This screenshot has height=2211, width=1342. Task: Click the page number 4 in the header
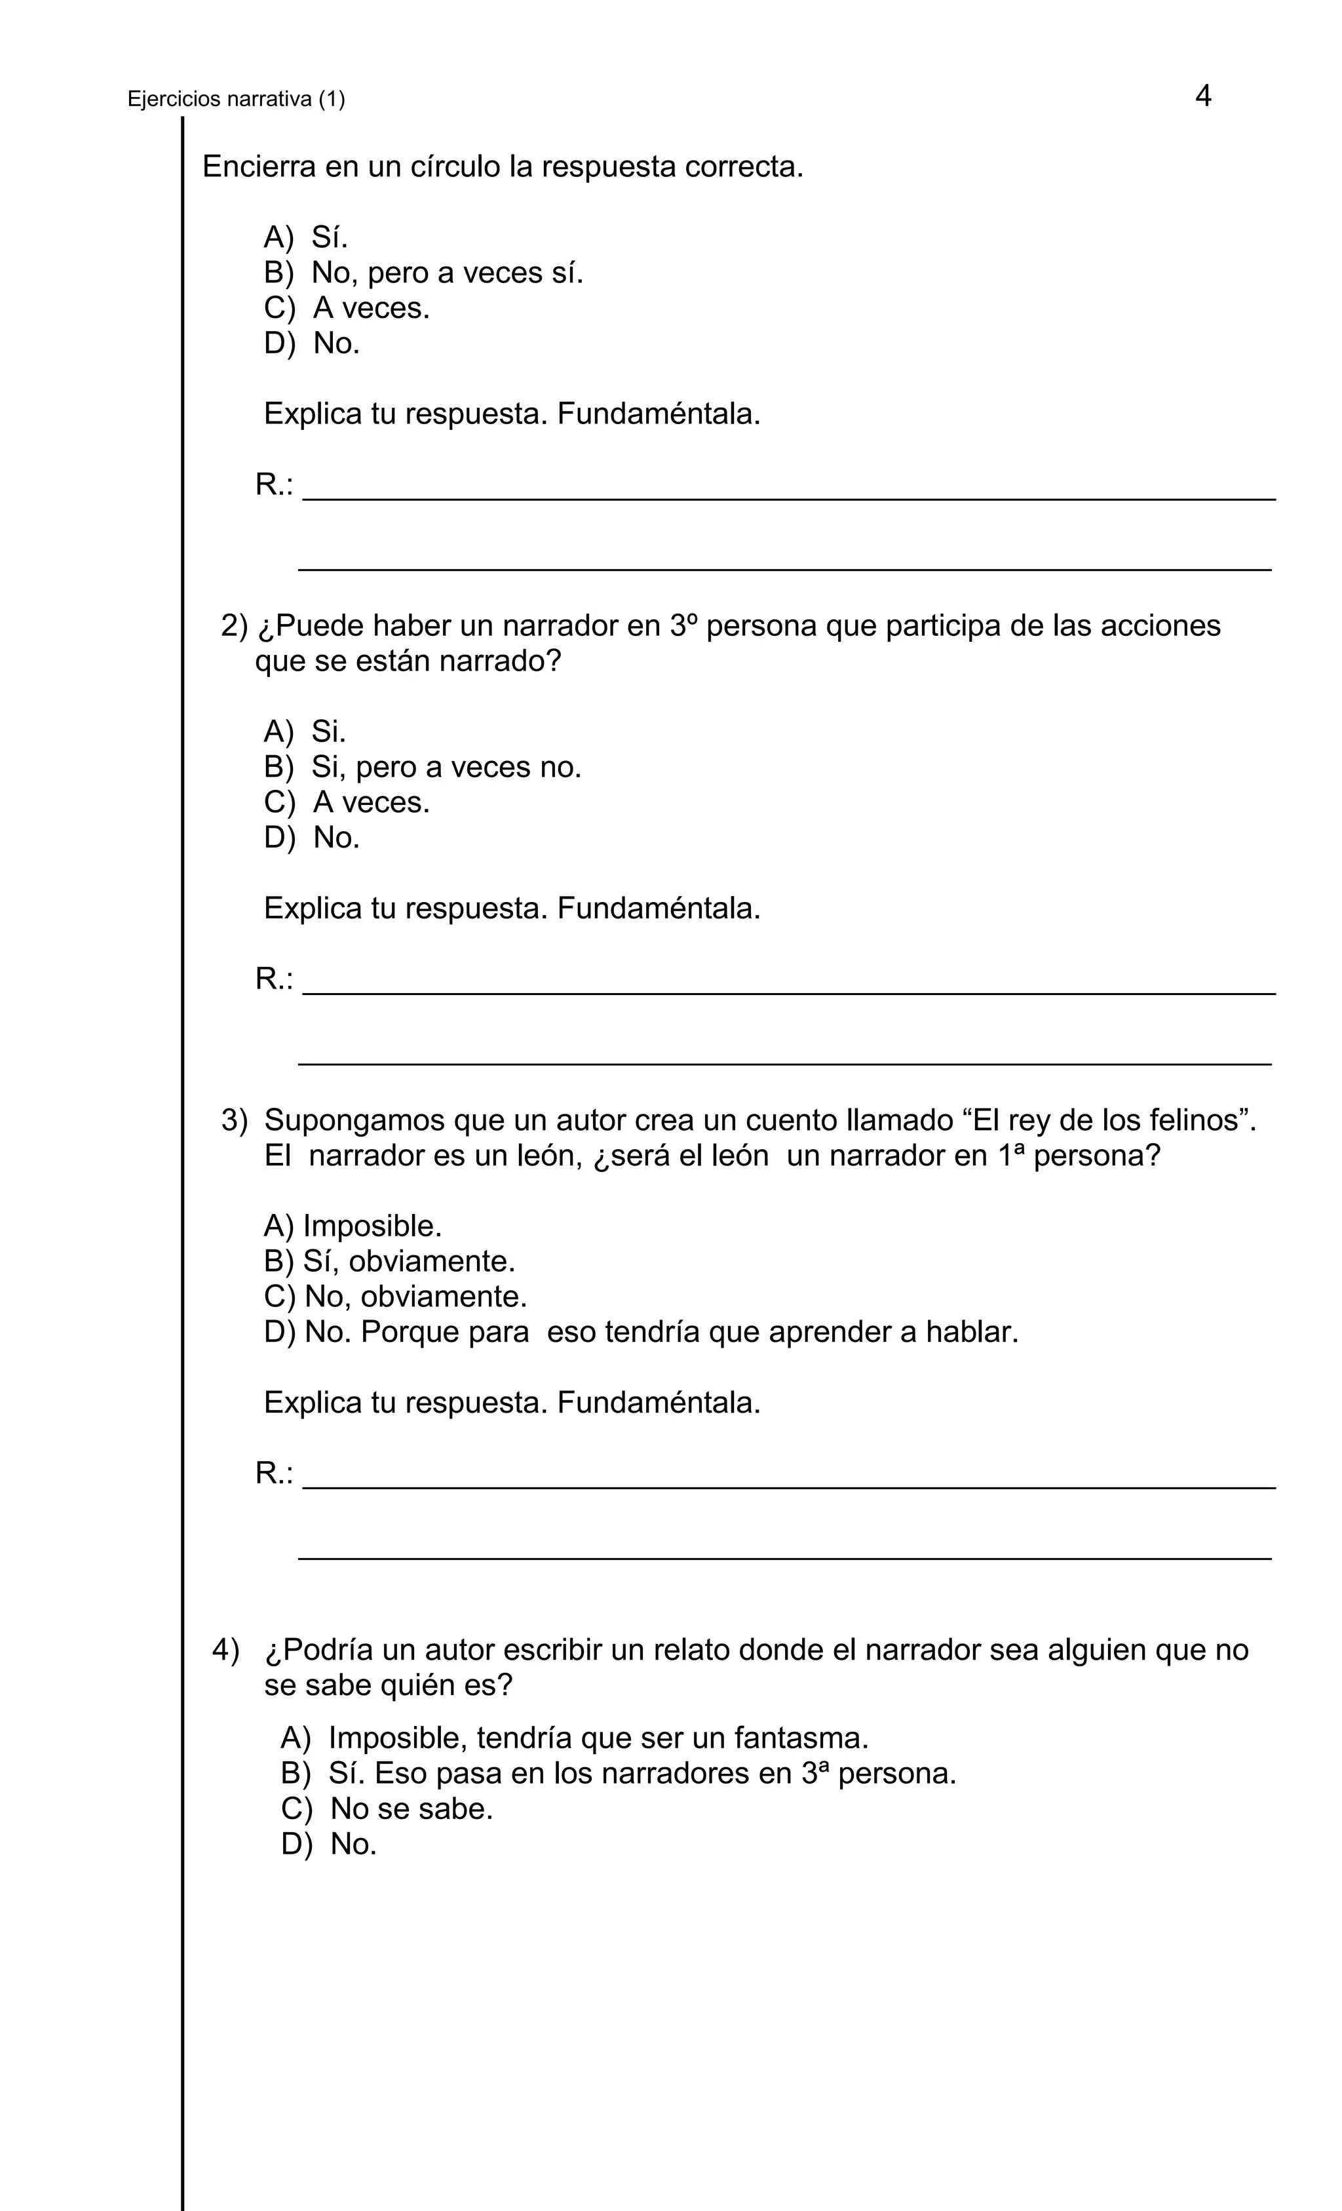coord(1202,96)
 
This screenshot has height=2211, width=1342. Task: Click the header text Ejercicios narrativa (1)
coord(236,100)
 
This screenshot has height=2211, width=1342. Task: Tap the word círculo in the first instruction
coord(455,167)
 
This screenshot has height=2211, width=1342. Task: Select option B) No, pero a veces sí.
coord(423,273)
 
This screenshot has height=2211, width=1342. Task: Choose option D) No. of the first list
coord(311,343)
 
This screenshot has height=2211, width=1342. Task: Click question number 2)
coord(233,625)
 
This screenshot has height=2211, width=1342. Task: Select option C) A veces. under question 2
coord(346,802)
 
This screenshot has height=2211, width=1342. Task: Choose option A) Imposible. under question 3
coord(353,1226)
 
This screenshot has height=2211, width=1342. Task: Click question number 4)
coord(226,1649)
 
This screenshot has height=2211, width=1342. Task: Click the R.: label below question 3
coord(274,1474)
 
